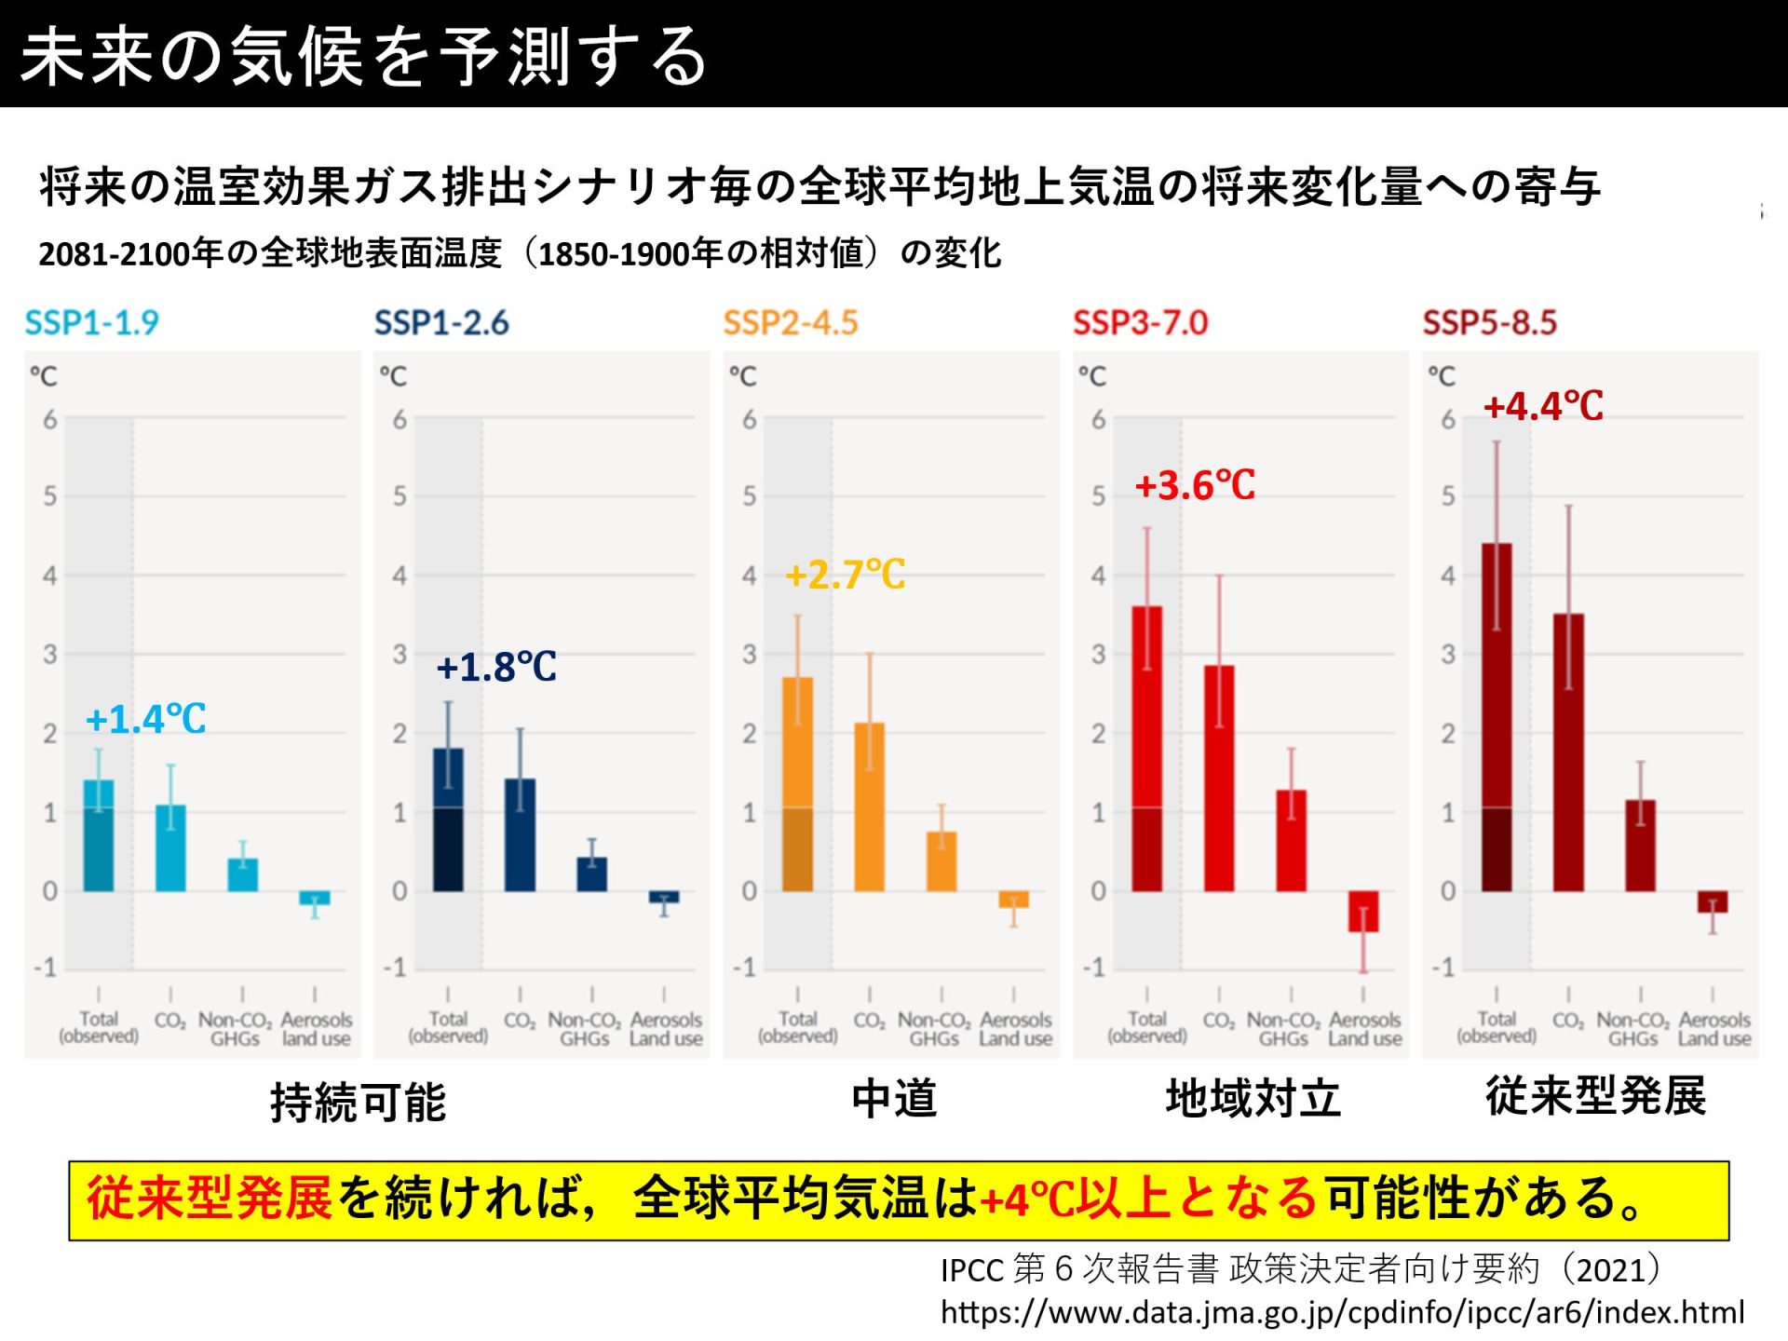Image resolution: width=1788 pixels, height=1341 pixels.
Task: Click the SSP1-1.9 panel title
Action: pyautogui.click(x=91, y=322)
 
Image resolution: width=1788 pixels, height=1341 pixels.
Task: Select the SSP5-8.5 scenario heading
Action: pyautogui.click(x=1489, y=322)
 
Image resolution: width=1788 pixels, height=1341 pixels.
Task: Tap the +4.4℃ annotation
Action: pyautogui.click(x=1542, y=406)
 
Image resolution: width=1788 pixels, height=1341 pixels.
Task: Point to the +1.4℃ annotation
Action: pyautogui.click(x=145, y=718)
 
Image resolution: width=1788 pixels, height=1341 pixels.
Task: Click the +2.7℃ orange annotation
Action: pyautogui.click(x=845, y=574)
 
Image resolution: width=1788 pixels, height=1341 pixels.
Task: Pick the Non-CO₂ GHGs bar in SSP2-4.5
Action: pyautogui.click(x=941, y=860)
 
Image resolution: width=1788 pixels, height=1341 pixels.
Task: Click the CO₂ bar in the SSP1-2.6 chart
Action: pyautogui.click(x=520, y=834)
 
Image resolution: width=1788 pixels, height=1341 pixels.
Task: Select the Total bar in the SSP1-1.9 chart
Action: pyautogui.click(x=99, y=835)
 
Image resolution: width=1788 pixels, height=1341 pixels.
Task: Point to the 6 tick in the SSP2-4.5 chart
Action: pyautogui.click(x=749, y=420)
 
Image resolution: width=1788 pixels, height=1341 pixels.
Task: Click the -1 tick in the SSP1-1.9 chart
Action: pyautogui.click(x=46, y=968)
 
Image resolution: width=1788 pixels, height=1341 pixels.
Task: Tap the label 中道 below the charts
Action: pyautogui.click(x=894, y=1099)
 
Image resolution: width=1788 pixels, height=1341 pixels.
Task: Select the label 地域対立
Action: pyautogui.click(x=1253, y=1099)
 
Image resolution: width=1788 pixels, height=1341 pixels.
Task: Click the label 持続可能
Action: pyautogui.click(x=358, y=1103)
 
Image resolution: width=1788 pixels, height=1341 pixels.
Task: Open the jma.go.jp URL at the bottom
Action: pyautogui.click(x=1342, y=1312)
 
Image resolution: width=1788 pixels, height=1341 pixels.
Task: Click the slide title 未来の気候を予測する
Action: pyautogui.click(x=363, y=56)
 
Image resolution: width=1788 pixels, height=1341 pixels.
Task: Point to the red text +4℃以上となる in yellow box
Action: pyautogui.click(x=1147, y=1199)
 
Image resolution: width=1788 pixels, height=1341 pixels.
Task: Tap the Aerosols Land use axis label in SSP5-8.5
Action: pyautogui.click(x=1713, y=1029)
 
